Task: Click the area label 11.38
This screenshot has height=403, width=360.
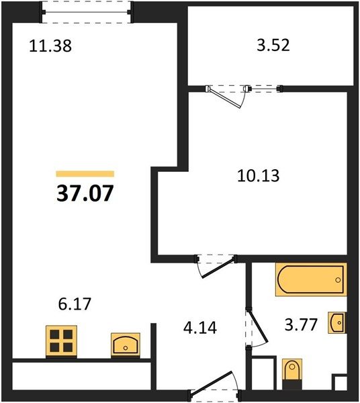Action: tap(50, 46)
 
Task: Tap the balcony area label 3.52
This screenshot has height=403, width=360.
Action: tap(273, 45)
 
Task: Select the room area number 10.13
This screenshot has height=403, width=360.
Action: tap(258, 176)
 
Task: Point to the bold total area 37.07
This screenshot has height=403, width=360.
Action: tap(85, 193)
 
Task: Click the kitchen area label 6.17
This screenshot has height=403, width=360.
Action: tap(75, 304)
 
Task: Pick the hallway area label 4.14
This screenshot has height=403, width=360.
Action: tap(200, 328)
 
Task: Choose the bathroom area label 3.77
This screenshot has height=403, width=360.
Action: tap(301, 324)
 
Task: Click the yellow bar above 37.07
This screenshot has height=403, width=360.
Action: tap(85, 174)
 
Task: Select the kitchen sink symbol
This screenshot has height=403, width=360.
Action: tap(126, 345)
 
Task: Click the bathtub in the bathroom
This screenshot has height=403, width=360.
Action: tap(311, 279)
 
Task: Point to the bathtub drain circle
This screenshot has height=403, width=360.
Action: tap(338, 280)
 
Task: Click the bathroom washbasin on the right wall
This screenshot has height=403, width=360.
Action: tap(337, 323)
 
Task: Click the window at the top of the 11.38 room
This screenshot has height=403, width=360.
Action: tap(87, 12)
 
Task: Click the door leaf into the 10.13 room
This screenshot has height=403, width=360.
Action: tap(218, 267)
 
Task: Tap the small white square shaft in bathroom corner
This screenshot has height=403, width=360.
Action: tap(341, 384)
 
